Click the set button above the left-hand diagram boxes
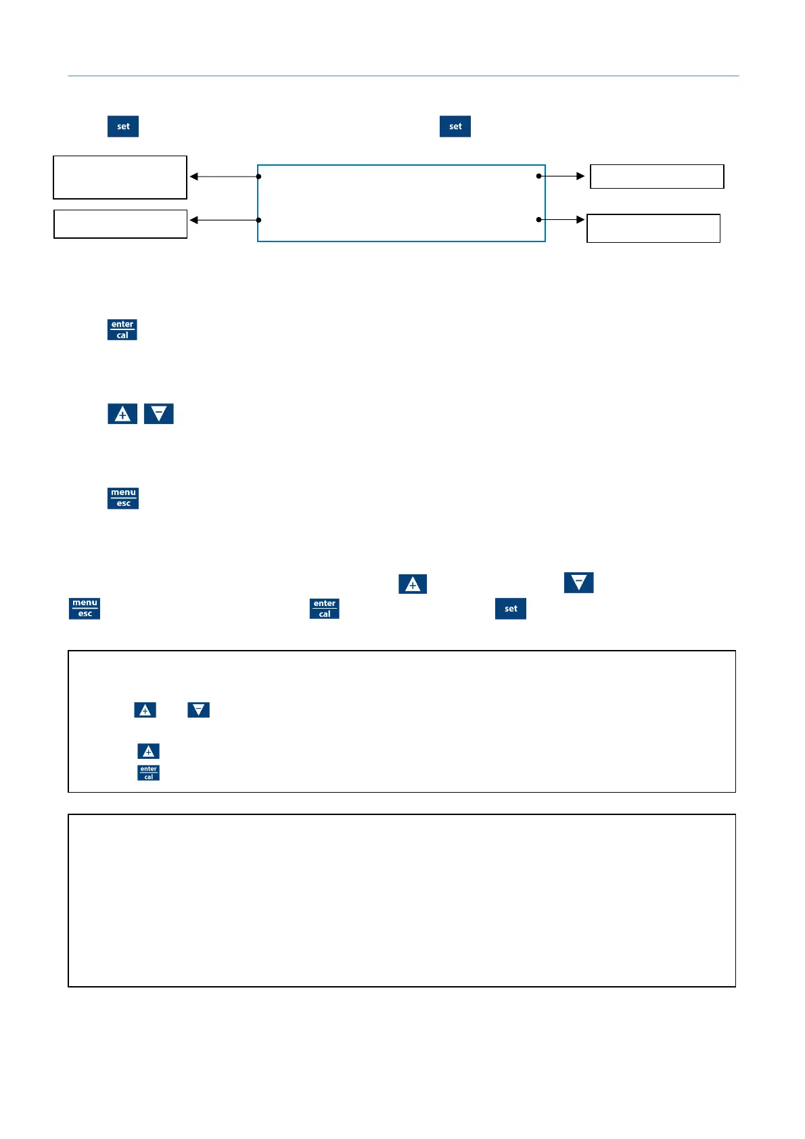pos(123,126)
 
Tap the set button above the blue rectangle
pos(455,126)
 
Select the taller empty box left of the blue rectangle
pos(120,177)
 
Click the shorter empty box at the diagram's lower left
pos(120,224)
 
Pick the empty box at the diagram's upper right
pos(657,177)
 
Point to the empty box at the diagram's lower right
pos(653,229)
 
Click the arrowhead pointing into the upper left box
pos(194,177)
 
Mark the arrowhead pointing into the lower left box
pos(194,220)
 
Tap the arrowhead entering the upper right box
pos(580,176)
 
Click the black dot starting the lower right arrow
pos(538,219)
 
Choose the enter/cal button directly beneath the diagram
pos(122,329)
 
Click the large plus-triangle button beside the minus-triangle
pos(122,413)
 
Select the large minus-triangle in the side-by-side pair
pos(159,413)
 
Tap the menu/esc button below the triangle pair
pos(123,498)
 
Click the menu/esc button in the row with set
pos(85,608)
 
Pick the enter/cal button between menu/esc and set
pos(325,608)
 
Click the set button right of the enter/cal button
pos(511,608)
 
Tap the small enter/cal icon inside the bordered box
pos(149,772)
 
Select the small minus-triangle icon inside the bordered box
pos(198,710)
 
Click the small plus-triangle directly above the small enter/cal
pos(149,751)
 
